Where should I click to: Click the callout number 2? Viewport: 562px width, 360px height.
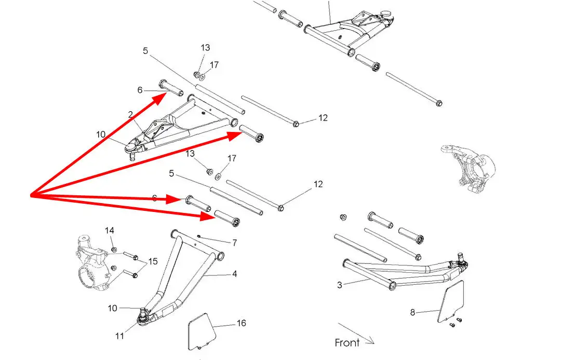130,114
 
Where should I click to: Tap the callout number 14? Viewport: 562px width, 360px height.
110,230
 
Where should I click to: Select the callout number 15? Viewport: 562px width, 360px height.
153,261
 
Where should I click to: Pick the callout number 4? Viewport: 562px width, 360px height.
235,273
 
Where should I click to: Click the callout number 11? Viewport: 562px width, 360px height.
120,336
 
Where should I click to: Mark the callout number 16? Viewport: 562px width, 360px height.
242,323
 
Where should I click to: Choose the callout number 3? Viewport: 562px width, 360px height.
340,285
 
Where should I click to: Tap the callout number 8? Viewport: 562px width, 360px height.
413,312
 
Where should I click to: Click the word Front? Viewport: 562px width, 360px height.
347,342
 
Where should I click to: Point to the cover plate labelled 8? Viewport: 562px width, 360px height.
450,301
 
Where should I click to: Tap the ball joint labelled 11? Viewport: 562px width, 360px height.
143,316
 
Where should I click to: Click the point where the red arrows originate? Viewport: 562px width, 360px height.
31,196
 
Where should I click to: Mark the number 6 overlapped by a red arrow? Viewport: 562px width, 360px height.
155,198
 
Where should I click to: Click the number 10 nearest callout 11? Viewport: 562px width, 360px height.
113,308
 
